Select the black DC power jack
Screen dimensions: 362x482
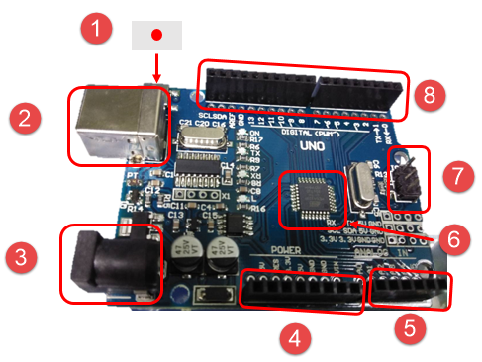(x=107, y=261)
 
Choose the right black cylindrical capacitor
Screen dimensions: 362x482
(x=218, y=255)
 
